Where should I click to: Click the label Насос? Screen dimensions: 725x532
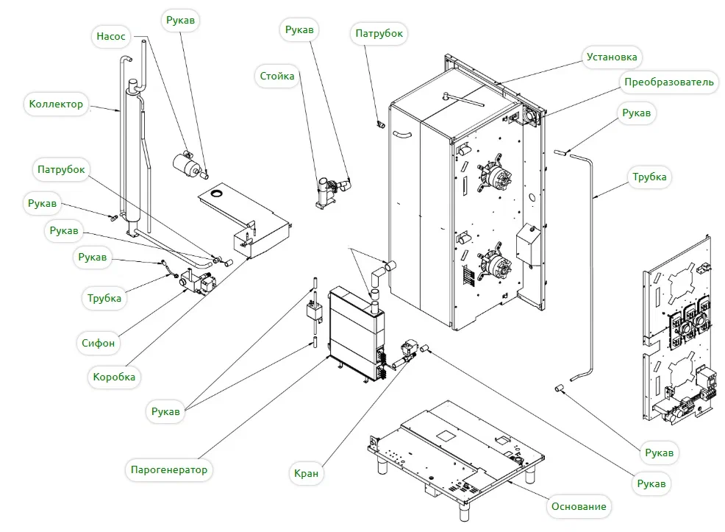pos(111,36)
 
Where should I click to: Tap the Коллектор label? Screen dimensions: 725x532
pos(56,104)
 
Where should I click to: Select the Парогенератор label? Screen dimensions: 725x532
pos(169,469)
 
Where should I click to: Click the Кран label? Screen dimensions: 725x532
pos(306,473)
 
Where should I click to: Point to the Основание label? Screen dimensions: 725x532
pos(579,506)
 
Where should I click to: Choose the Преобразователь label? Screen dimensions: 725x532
pos(668,82)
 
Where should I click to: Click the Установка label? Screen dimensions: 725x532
pos(612,57)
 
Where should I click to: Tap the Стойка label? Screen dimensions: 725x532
pos(277,76)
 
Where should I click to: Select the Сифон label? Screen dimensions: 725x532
pos(98,343)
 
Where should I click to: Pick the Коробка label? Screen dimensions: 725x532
pos(114,377)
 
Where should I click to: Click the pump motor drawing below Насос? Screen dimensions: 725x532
pos(187,164)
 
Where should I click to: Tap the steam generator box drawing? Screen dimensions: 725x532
pos(356,334)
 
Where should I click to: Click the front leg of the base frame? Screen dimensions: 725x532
pos(464,511)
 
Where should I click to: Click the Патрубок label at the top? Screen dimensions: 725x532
pos(379,33)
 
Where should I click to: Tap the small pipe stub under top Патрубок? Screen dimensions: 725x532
pos(382,124)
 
